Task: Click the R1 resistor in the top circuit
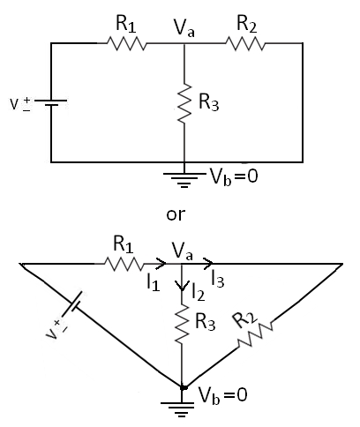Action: click(127, 42)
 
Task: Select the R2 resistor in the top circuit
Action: click(245, 42)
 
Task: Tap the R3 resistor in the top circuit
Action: click(184, 103)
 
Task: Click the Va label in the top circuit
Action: click(184, 28)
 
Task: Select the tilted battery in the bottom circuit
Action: click(70, 317)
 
